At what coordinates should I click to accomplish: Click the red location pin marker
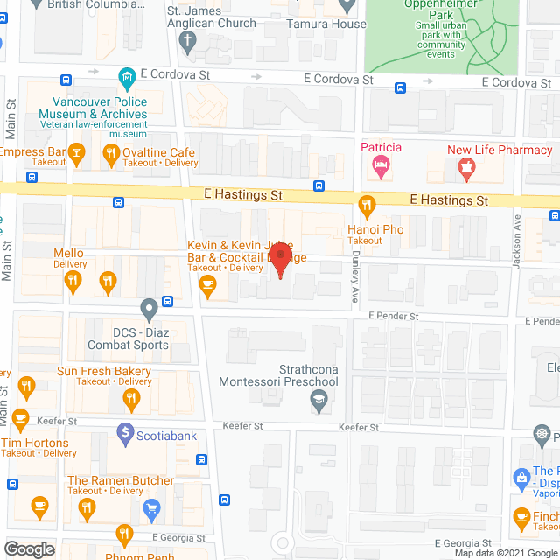pos(279,261)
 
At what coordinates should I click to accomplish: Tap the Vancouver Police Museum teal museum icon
pos(128,77)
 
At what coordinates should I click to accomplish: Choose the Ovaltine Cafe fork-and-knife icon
pos(110,157)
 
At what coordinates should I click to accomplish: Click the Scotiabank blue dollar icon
pos(126,433)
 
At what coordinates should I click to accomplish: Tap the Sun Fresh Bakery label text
pos(104,372)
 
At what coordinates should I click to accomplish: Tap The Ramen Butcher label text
pos(121,480)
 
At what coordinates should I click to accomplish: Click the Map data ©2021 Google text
pos(505,553)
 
